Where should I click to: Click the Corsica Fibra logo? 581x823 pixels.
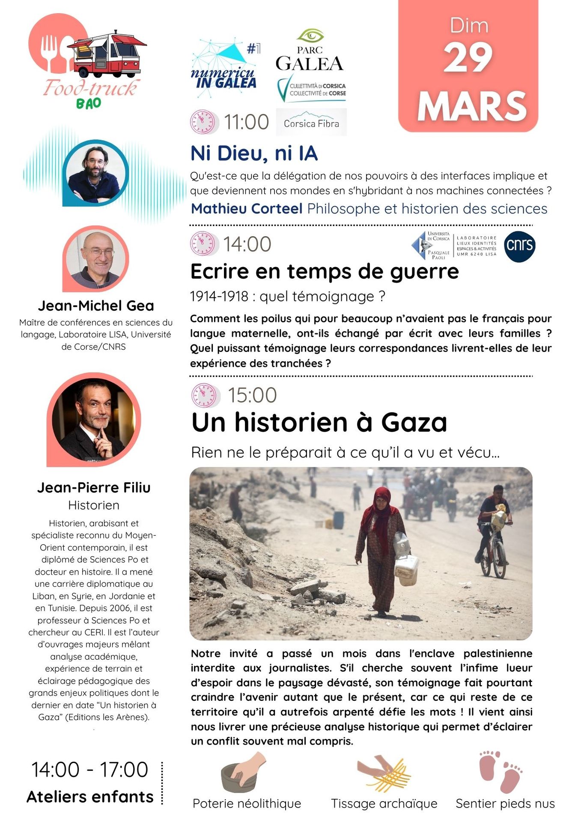pos(311,123)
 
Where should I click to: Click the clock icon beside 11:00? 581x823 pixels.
pos(203,122)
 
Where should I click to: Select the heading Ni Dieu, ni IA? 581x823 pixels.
pos(254,153)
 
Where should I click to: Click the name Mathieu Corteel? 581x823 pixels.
pos(247,209)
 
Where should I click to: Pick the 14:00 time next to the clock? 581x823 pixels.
pos(247,244)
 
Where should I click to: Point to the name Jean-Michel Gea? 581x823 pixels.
pos(96,306)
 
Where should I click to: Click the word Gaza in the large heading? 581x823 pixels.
pos(414,422)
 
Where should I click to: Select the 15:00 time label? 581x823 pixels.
pos(252,395)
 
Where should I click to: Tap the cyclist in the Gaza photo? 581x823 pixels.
pos(494,531)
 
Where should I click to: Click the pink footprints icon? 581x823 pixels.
pos(500,771)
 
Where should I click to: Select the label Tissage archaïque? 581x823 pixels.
pos(384,804)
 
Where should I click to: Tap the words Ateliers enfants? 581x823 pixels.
pos(90,797)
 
